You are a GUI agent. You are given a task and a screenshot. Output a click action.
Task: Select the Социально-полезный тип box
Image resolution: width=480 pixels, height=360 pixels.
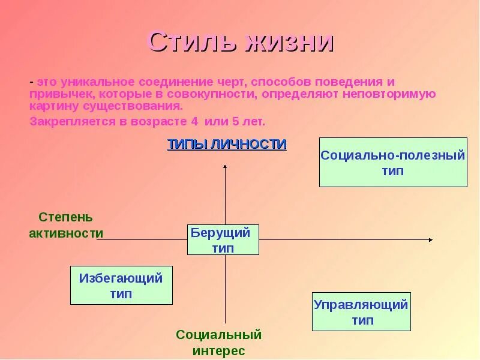tap(393, 162)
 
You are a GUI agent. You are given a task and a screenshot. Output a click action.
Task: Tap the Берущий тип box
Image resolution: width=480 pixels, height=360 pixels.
tap(223, 240)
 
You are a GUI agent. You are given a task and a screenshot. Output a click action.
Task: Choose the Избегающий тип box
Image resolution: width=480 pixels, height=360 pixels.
tap(121, 286)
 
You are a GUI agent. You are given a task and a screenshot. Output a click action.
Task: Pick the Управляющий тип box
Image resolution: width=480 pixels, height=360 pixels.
tap(361, 311)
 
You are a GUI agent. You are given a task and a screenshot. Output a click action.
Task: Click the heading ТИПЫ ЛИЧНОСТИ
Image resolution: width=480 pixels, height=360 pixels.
tap(226, 144)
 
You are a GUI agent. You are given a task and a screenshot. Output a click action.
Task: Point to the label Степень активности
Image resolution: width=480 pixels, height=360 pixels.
tap(65, 225)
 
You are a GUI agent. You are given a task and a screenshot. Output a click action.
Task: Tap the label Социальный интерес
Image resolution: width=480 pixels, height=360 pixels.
tap(219, 342)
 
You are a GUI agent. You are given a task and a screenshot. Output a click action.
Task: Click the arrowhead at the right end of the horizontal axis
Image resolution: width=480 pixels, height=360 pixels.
tap(430, 239)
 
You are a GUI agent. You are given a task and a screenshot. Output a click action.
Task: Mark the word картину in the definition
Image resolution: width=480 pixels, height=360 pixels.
tap(49, 106)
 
